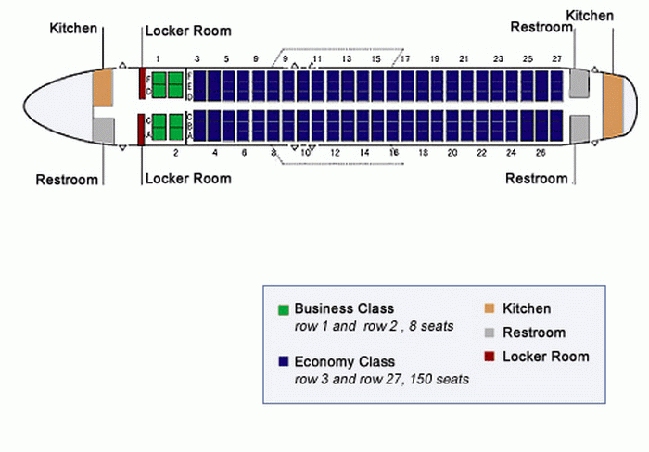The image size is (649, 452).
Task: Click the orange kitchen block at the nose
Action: tap(102, 86)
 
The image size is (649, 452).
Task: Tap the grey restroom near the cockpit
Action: tap(103, 130)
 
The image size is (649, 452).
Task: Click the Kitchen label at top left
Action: tap(73, 28)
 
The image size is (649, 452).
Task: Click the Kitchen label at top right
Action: tap(590, 16)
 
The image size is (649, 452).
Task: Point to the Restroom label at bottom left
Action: tap(67, 180)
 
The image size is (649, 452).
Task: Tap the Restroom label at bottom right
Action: tap(536, 179)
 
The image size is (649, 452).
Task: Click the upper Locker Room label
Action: tap(188, 31)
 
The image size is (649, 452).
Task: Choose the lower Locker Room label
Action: tap(188, 178)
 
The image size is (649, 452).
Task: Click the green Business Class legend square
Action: tap(284, 309)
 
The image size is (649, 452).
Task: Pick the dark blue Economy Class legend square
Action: tap(284, 362)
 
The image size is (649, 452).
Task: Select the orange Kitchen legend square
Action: tap(490, 309)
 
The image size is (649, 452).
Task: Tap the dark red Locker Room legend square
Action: tap(490, 357)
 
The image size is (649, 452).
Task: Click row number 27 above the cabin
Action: tap(556, 58)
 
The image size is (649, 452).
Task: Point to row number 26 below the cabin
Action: tap(541, 152)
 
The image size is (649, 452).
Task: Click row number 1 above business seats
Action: tap(159, 58)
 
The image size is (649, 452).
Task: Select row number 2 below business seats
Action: tap(175, 152)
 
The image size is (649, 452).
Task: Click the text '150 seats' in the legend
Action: tap(440, 380)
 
